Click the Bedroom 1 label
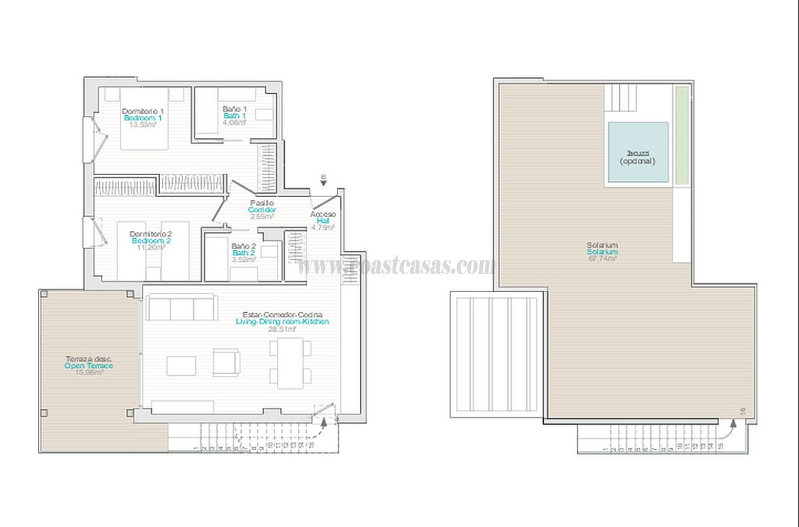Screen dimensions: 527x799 (x=142, y=118)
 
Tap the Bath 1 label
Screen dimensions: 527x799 (x=235, y=116)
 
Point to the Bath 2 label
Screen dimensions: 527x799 (x=244, y=253)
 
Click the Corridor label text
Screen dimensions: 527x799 (x=262, y=210)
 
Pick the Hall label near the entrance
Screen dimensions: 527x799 (x=323, y=221)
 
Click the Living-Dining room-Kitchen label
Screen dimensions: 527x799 (x=282, y=322)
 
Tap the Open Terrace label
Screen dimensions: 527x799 (x=89, y=365)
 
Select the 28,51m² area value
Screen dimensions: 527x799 (x=282, y=329)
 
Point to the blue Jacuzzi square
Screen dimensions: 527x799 (x=638, y=153)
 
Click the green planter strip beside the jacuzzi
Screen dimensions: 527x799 (x=681, y=134)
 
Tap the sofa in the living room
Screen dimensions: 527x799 (x=181, y=308)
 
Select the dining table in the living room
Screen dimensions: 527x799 (x=290, y=364)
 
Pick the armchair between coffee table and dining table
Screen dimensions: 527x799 (x=226, y=362)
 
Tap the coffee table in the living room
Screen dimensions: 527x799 (x=181, y=365)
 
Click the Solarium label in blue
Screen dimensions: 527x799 (x=602, y=252)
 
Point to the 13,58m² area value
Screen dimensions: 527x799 (x=142, y=125)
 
